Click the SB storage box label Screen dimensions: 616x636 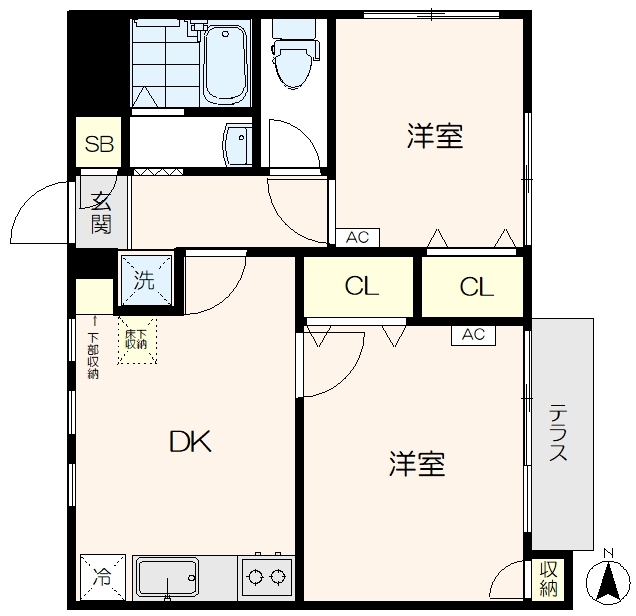pyautogui.click(x=99, y=144)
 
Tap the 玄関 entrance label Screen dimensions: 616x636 pyautogui.click(x=101, y=211)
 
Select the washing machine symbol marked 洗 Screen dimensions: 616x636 pyautogui.click(x=146, y=279)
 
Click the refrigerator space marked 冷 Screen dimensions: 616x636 pyautogui.click(x=101, y=577)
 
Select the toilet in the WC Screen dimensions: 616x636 pyautogui.click(x=291, y=60)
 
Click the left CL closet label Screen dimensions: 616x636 pyautogui.click(x=361, y=287)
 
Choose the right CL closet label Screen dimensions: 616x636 pyautogui.click(x=476, y=287)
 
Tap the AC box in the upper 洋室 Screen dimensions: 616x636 pyautogui.click(x=358, y=238)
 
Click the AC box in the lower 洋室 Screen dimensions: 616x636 pyautogui.click(x=473, y=335)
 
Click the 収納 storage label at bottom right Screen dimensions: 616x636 pyautogui.click(x=548, y=579)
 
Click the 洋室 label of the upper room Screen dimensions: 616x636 pyautogui.click(x=434, y=137)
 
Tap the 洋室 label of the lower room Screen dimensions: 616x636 pyautogui.click(x=417, y=464)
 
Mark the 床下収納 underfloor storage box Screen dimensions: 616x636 pyautogui.click(x=137, y=340)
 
